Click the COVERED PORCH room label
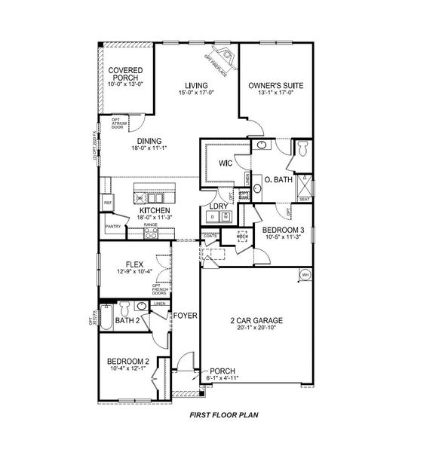[125, 74]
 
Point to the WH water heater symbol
[305, 274]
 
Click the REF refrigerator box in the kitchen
[108, 203]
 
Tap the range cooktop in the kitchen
[150, 234]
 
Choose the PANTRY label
[113, 226]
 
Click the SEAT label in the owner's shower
[304, 200]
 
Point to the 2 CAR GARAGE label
[254, 319]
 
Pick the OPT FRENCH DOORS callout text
[160, 289]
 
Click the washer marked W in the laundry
[226, 217]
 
